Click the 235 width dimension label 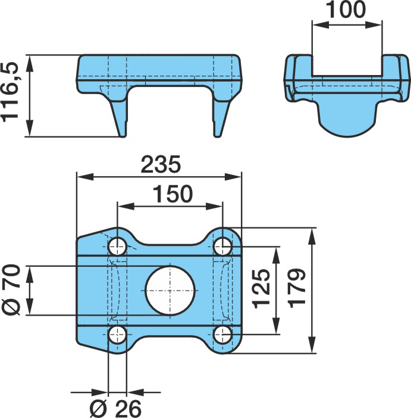[x=161, y=164]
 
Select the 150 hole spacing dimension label [x=172, y=194]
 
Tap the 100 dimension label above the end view [x=346, y=10]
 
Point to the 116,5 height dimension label [x=10, y=92]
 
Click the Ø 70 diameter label [x=11, y=289]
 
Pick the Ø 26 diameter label [x=115, y=408]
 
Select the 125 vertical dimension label [x=261, y=289]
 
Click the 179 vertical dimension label [x=297, y=288]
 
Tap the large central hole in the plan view [x=170, y=291]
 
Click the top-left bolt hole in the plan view [x=117, y=247]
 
